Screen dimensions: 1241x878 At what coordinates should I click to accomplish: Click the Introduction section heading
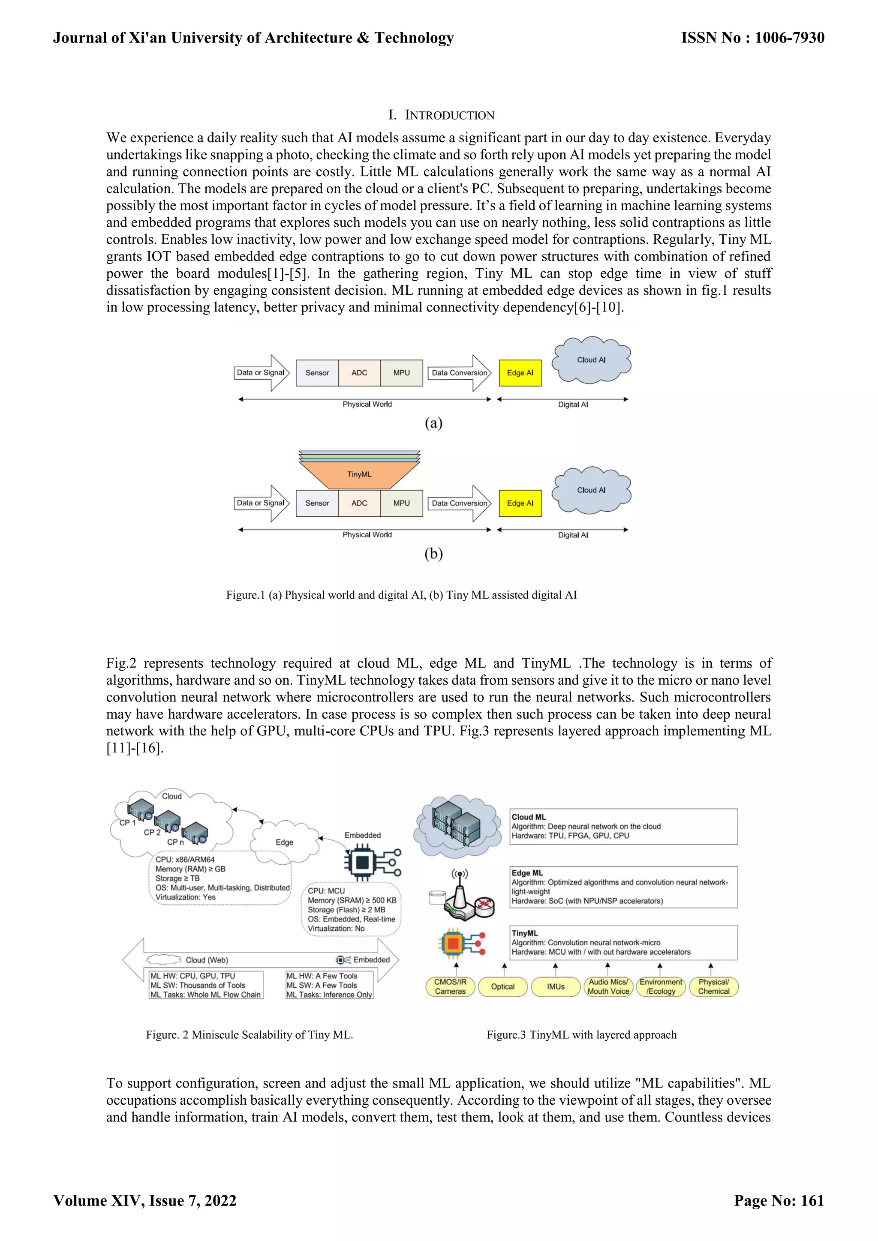[441, 115]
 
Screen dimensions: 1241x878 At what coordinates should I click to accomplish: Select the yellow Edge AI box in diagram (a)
[520, 373]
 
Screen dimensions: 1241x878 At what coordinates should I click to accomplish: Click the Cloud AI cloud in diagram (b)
[591, 490]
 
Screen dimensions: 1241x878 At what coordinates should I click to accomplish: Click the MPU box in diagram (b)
[402, 503]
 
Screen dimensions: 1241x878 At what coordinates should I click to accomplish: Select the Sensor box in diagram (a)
[317, 373]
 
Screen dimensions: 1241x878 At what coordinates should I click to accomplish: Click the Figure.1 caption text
[401, 595]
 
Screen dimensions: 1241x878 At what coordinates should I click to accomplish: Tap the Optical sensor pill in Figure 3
[503, 986]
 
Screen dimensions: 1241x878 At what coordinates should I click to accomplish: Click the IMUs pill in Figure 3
[555, 986]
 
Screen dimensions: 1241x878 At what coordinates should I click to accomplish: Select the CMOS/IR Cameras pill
[450, 986]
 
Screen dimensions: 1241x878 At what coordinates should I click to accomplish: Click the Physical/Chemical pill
[714, 986]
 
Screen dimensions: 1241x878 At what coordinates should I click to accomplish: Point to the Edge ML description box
[623, 887]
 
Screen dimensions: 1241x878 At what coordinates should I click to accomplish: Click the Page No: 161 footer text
[779, 1200]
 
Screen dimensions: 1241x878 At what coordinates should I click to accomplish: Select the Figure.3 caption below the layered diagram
[581, 1034]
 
